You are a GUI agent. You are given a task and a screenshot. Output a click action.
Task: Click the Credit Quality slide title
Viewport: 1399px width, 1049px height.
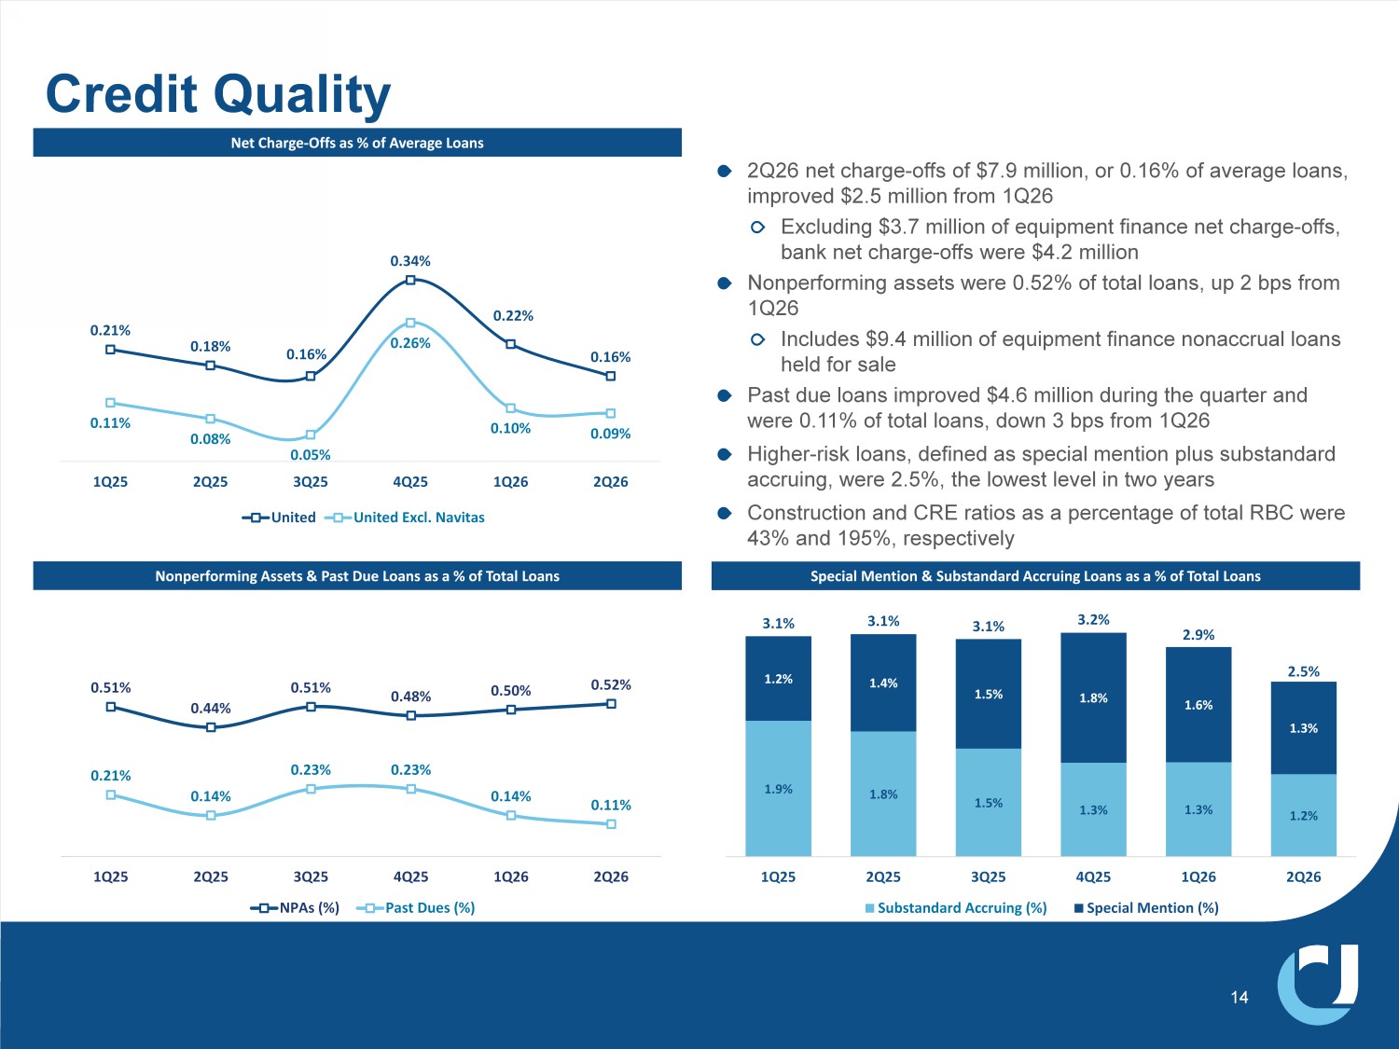click(218, 94)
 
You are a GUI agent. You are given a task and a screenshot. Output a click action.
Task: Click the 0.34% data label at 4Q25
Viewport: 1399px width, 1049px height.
click(410, 261)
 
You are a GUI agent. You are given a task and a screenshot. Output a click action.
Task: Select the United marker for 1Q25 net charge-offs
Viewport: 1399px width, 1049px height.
click(110, 350)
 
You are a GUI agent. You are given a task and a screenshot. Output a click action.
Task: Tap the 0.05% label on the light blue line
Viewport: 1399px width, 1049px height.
click(311, 455)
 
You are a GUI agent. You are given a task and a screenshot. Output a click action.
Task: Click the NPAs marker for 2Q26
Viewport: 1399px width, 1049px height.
click(611, 704)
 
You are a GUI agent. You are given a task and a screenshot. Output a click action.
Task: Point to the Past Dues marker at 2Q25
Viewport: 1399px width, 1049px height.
click(211, 815)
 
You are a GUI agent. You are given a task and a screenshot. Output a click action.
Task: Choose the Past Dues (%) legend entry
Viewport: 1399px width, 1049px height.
click(416, 907)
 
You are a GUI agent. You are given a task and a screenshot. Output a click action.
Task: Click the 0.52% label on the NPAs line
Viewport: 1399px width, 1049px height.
click(611, 684)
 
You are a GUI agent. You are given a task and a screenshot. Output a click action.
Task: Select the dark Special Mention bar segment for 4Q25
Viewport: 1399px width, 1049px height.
click(1093, 698)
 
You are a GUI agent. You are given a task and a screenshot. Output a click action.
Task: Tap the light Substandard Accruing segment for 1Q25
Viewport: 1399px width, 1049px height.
click(778, 789)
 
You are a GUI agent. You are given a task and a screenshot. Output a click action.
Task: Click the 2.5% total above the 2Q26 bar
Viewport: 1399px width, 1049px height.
click(1303, 671)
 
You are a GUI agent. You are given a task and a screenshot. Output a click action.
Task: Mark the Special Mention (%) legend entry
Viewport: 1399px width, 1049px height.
click(1146, 907)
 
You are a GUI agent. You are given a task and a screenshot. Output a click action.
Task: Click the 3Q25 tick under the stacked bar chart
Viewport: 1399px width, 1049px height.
click(988, 877)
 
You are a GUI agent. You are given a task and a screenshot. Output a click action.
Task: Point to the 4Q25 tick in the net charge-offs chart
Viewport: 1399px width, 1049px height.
click(410, 482)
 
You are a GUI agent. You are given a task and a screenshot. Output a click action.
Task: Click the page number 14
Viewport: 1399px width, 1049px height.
click(1239, 997)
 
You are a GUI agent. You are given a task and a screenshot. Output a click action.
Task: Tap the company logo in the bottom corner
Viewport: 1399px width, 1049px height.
click(1318, 985)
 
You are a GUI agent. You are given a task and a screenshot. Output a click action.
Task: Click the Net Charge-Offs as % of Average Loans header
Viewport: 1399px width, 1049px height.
click(357, 143)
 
